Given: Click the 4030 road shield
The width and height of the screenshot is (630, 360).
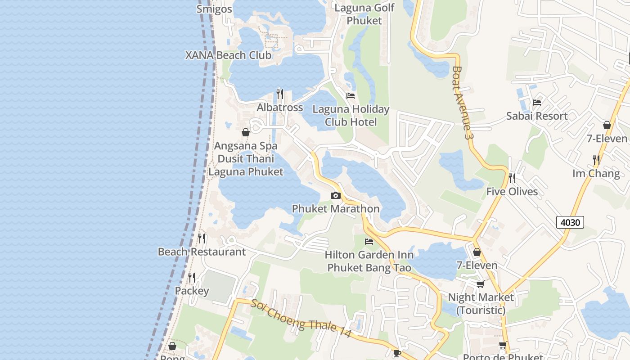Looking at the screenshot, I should point(570,222).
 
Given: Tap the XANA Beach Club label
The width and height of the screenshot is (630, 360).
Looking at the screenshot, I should point(229,55).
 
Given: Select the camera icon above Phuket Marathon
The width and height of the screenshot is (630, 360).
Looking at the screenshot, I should point(335,195).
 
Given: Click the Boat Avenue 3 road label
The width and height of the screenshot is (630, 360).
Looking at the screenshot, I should point(463,103).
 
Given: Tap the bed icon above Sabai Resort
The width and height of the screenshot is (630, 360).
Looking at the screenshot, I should point(536,103).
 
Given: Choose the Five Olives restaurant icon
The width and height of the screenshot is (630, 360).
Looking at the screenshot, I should point(512,178).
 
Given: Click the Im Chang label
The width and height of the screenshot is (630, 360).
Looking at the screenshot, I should point(596,173).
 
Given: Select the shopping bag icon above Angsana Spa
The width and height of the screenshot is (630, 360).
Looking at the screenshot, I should point(246,132).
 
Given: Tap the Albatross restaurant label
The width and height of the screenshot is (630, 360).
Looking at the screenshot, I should point(279,108).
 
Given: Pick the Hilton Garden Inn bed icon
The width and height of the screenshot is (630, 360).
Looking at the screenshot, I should point(369,242).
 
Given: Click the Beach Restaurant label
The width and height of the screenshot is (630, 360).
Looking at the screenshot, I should point(202,252).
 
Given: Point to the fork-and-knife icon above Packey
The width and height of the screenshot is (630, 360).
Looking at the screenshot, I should point(192,277).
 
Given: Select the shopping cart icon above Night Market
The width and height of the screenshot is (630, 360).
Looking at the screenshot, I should point(480,284).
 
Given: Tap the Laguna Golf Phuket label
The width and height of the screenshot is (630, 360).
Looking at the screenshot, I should point(364,14).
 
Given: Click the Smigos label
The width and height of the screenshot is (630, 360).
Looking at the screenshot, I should point(214,9).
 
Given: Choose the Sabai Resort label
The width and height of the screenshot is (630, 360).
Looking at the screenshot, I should point(537,116).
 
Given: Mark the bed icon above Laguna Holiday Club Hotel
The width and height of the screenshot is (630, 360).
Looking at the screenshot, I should point(351,96).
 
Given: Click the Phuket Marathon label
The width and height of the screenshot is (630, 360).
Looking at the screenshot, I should point(336,209).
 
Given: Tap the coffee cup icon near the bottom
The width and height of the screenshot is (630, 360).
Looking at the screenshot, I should point(397,353).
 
